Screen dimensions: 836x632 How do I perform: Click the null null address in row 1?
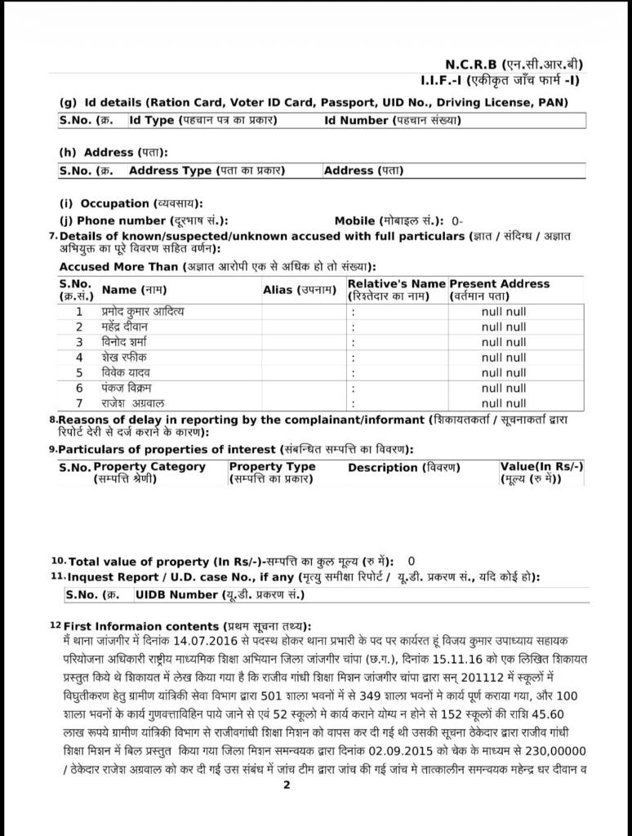point(503,312)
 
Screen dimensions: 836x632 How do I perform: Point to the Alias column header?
point(300,290)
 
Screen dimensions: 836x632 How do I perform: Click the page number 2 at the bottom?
point(287,785)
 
